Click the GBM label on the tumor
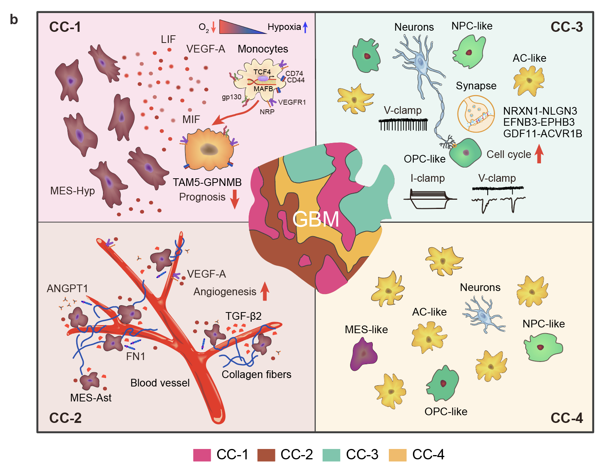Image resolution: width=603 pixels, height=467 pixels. click(x=316, y=219)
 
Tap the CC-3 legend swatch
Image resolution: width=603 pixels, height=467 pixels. click(x=331, y=455)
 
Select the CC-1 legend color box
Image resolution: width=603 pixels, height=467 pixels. click(x=202, y=455)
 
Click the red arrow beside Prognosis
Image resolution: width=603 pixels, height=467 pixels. click(x=234, y=199)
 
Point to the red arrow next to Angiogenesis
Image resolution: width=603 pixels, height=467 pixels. click(x=265, y=291)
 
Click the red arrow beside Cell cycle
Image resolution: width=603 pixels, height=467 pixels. click(x=539, y=154)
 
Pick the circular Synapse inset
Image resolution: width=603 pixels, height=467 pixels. click(x=476, y=114)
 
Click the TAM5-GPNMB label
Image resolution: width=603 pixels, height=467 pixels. click(x=207, y=183)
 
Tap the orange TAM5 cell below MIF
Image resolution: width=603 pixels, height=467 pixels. click(x=209, y=150)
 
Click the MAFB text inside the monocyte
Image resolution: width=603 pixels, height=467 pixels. click(x=263, y=89)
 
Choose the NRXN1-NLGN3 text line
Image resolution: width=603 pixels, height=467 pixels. click(x=540, y=111)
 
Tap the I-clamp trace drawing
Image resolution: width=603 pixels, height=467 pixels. click(x=429, y=199)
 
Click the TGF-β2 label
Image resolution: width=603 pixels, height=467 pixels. click(x=243, y=316)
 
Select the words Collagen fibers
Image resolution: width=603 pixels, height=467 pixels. click(x=256, y=375)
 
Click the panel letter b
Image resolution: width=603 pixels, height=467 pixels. click(x=14, y=20)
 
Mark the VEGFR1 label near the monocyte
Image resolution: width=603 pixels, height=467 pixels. click(x=292, y=102)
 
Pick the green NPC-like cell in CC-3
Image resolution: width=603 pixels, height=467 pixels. click(x=469, y=51)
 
